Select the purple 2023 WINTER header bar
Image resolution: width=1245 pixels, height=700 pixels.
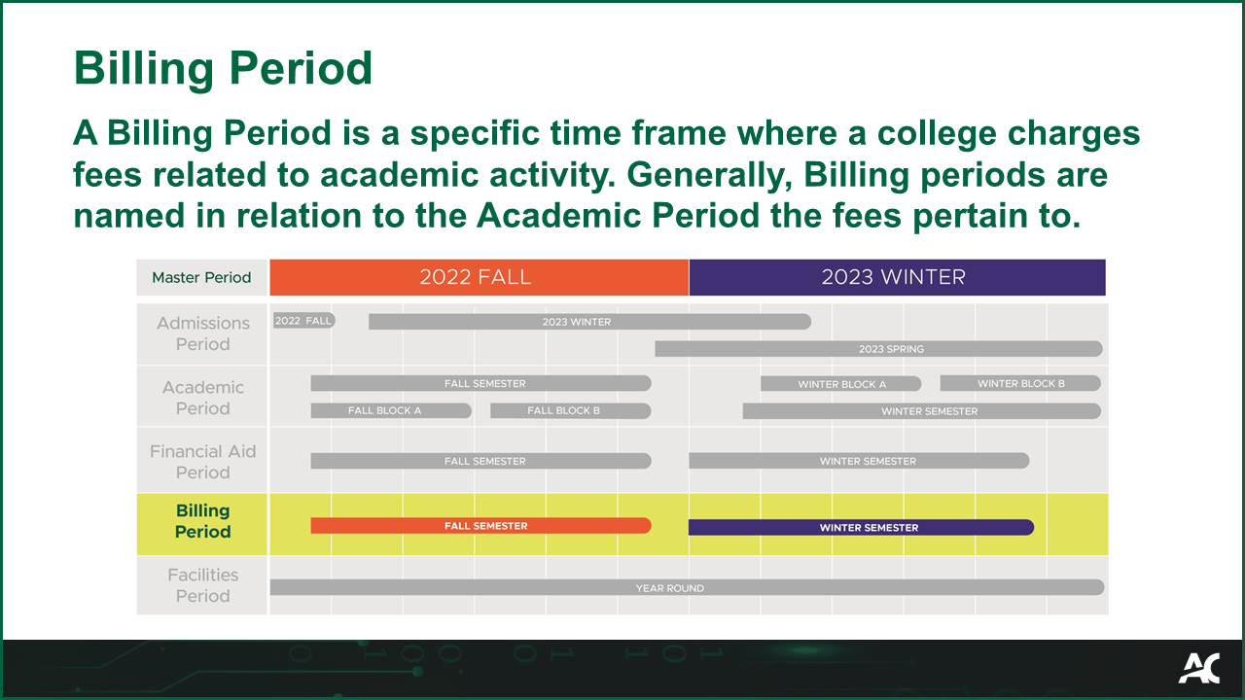[x=896, y=277]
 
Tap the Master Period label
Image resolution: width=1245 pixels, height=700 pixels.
[x=201, y=278]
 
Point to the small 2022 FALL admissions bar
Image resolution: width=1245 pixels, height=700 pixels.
[x=303, y=320]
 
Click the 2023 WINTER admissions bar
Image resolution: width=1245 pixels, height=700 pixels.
[x=588, y=322]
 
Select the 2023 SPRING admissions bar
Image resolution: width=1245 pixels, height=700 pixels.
[x=878, y=348]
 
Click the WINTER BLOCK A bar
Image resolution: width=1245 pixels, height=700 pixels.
[x=840, y=383]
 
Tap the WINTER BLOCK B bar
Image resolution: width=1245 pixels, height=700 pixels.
[x=1020, y=383]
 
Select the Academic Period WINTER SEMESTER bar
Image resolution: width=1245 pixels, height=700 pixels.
[x=921, y=411]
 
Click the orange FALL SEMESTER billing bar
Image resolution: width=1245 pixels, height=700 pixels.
[x=480, y=526]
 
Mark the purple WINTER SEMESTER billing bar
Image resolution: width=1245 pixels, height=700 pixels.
[x=861, y=527]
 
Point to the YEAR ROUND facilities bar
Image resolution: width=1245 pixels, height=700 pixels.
[x=686, y=587]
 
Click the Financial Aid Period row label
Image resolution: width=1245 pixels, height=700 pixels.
[x=202, y=462]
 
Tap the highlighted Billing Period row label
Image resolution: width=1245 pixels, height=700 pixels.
[x=202, y=521]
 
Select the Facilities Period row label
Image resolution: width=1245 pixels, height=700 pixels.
[x=202, y=585]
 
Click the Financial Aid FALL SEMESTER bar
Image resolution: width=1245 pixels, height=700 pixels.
[x=480, y=461]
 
